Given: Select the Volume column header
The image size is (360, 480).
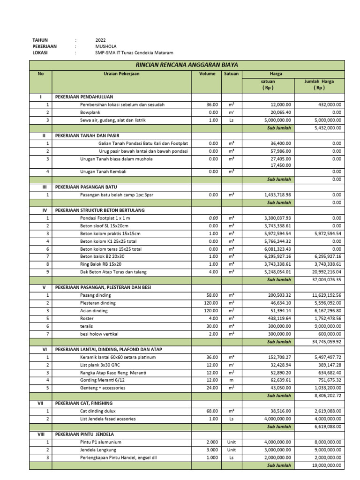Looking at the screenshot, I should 207,74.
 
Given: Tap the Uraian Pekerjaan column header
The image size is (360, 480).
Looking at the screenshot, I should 122,74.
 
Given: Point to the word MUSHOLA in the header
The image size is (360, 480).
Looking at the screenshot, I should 105,47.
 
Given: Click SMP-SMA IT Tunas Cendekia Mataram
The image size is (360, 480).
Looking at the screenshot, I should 134,53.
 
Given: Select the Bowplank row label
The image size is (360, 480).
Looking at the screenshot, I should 90,112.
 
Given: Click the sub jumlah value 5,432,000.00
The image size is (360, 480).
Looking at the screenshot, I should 328,127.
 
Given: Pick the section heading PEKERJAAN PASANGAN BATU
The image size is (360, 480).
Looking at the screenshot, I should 86,187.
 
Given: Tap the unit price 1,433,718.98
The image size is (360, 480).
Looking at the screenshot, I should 274,195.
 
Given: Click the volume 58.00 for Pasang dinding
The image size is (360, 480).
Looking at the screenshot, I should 212,295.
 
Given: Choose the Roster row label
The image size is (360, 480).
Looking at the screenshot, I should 87,318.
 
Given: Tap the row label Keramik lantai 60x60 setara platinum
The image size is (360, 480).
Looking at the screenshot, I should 118,357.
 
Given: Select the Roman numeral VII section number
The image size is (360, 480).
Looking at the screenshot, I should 41,403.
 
